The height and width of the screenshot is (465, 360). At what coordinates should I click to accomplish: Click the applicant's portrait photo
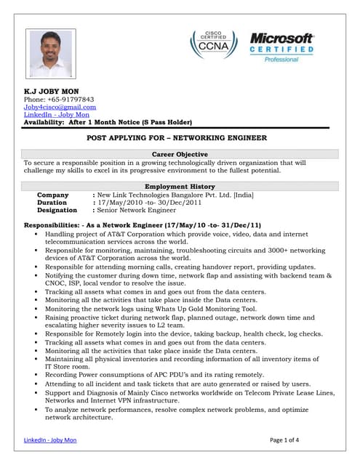coord(51,53)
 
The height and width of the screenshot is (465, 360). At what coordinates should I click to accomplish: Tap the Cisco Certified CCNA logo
coord(214,44)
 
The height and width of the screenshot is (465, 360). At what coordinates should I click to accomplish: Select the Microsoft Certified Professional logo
coord(281,46)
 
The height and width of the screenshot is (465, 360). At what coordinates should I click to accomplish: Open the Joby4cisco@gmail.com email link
coord(60,107)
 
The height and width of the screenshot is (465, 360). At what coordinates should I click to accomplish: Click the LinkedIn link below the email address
coord(57,115)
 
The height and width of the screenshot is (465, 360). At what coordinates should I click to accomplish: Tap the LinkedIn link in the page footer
coord(50,440)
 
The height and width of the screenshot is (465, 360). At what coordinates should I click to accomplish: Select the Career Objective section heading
coord(180,154)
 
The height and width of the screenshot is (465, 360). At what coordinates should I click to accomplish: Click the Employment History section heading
coord(180,187)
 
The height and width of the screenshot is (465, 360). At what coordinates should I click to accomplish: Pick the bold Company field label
coord(52,195)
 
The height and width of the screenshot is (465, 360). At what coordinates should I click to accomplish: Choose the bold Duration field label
coord(53,203)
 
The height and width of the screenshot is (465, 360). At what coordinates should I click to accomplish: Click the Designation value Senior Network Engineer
coord(137,210)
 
